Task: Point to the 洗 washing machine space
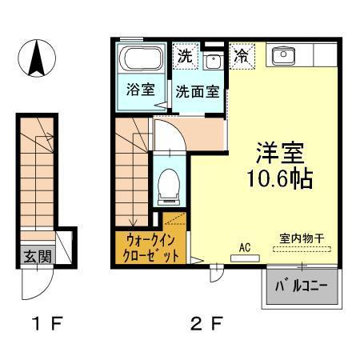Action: [185, 58]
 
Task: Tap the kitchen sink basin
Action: [283, 55]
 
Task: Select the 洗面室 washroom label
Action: [197, 91]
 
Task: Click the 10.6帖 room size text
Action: [279, 177]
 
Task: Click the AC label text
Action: [245, 247]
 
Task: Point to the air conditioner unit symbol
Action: [245, 258]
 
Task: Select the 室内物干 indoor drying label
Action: [301, 238]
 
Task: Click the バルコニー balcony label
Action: [301, 286]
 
